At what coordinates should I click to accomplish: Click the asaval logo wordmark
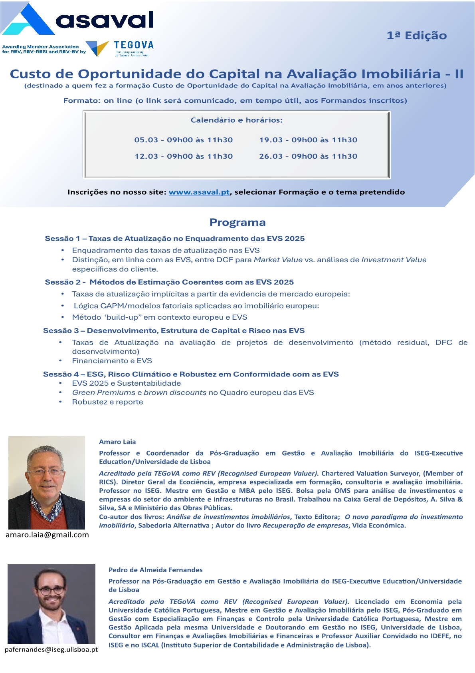105,20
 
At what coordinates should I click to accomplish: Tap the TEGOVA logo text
133,45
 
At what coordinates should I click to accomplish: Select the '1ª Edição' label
416,36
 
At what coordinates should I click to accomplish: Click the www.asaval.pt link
199,192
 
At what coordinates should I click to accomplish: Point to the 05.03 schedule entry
183,140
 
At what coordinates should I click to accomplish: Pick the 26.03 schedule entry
308,156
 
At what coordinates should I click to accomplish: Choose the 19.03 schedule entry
308,140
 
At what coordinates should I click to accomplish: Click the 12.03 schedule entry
183,156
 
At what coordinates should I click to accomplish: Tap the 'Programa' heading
238,223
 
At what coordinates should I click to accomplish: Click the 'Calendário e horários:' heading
237,120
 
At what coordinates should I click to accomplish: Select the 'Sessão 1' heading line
174,239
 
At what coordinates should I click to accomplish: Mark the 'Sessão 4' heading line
191,374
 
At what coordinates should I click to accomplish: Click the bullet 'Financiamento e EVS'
112,361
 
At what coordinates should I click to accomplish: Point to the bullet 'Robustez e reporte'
107,402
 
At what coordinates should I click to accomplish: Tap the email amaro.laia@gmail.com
47,535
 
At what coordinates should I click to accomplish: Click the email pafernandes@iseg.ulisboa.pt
51,649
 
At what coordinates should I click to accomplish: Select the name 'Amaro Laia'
117,442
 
